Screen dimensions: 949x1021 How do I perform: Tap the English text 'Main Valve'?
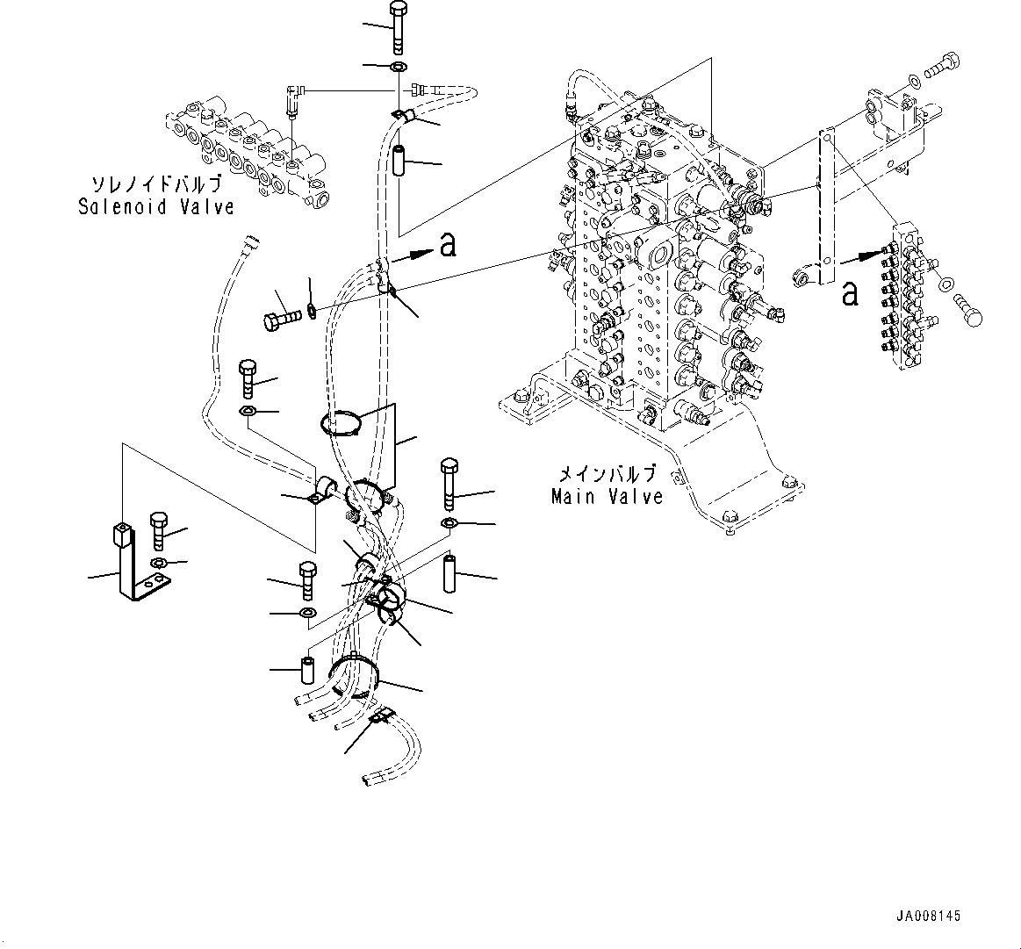pos(607,497)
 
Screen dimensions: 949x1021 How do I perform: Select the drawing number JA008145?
pos(928,916)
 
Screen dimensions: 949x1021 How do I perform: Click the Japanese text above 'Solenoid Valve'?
pos(156,185)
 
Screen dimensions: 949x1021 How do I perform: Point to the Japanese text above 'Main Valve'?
pos(607,475)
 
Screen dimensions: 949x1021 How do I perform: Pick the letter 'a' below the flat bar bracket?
pos(849,292)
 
